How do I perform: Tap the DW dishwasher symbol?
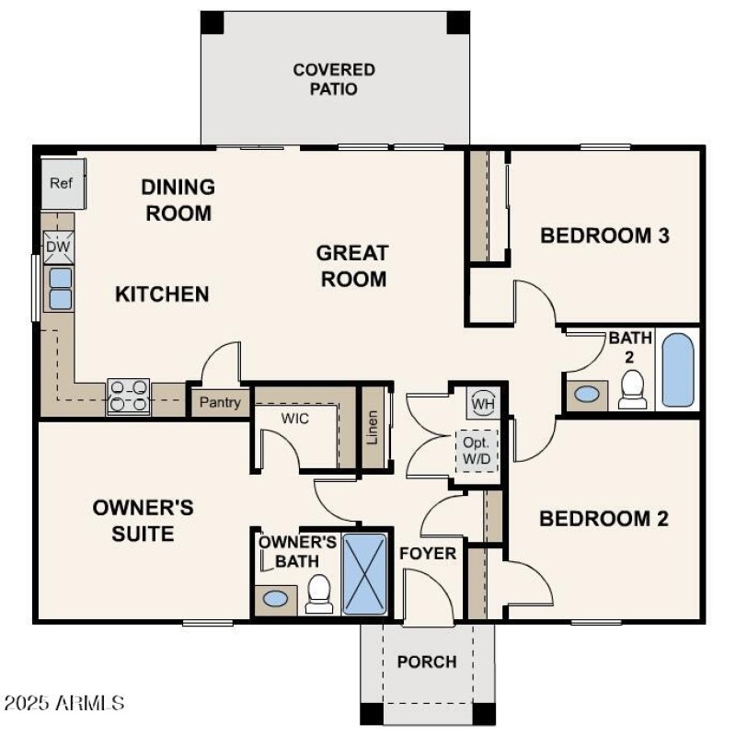tap(57, 246)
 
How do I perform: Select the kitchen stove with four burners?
tap(128, 396)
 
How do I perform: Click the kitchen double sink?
tap(60, 288)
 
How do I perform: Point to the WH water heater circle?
tap(482, 402)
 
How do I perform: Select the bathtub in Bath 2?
tap(679, 370)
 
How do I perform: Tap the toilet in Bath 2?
tap(632, 390)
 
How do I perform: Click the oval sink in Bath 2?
tap(587, 395)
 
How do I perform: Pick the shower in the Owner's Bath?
tap(365, 573)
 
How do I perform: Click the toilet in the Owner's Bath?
tap(319, 593)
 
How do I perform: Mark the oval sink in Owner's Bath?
tap(275, 599)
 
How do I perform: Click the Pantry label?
tap(220, 402)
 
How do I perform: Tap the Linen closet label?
tap(373, 428)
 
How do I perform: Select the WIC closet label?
tap(295, 419)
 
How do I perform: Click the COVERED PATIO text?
tap(334, 79)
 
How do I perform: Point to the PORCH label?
tap(426, 661)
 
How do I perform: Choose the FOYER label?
tap(427, 553)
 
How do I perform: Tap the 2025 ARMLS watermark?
tap(64, 704)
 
